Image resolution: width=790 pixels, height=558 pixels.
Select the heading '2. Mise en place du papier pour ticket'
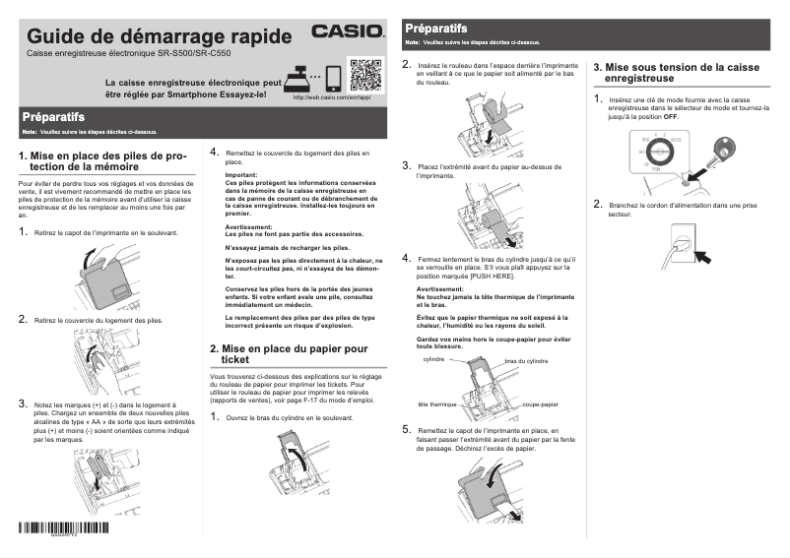point(289,354)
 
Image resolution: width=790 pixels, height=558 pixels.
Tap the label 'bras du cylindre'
point(526,361)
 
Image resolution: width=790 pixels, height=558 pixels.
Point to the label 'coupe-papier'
point(541,404)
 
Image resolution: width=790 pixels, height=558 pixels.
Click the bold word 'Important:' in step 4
point(241,175)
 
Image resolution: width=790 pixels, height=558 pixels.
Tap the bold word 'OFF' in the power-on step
point(671,116)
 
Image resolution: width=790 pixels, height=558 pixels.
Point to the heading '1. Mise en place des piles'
point(102,160)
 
